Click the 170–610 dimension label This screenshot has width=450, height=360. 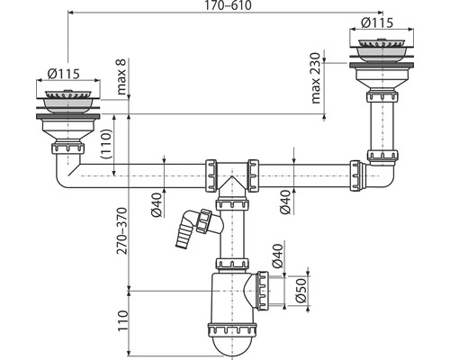click(x=228, y=5)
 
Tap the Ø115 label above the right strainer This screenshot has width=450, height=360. click(x=377, y=22)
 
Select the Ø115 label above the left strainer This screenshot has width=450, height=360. click(x=64, y=74)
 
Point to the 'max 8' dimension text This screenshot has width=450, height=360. click(x=122, y=76)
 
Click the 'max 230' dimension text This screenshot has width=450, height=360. click(x=316, y=78)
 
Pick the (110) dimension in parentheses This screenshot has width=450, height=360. click(x=106, y=144)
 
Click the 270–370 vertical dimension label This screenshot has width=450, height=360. click(x=122, y=230)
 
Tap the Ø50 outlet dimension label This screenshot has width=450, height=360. click(x=301, y=290)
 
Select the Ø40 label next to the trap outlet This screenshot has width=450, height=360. click(x=277, y=256)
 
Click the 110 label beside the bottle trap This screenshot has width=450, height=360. click(x=123, y=320)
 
